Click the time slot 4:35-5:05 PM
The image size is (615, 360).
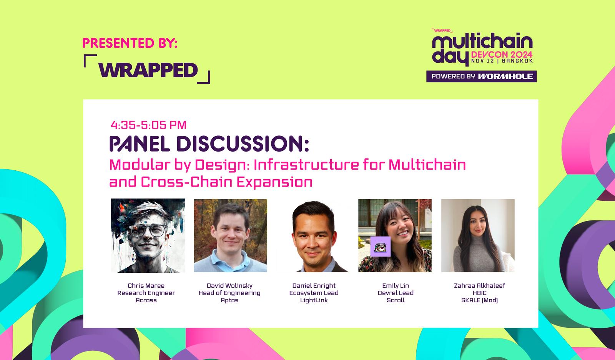pos(148,125)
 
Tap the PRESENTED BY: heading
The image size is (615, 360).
pos(130,43)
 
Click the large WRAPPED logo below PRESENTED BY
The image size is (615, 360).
pos(147,69)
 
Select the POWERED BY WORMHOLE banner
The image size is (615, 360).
pos(482,77)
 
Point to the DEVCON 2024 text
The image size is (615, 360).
pos(502,54)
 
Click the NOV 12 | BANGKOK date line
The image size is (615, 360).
pos(502,61)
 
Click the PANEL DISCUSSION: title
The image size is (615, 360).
pos(209,144)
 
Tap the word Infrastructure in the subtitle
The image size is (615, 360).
pos(306,165)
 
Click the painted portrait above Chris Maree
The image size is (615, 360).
pos(148,235)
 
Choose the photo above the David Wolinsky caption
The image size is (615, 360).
pos(230,235)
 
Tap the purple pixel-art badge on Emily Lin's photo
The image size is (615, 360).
pos(380,247)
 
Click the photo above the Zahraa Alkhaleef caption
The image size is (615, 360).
pos(478,235)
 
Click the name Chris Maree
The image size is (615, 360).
pos(146,285)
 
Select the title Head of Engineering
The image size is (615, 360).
pos(229,293)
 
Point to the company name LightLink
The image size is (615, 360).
pos(314,300)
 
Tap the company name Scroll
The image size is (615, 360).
pos(396,300)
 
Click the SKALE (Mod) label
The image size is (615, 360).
pos(479,300)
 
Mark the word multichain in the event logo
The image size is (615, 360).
pos(482,41)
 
